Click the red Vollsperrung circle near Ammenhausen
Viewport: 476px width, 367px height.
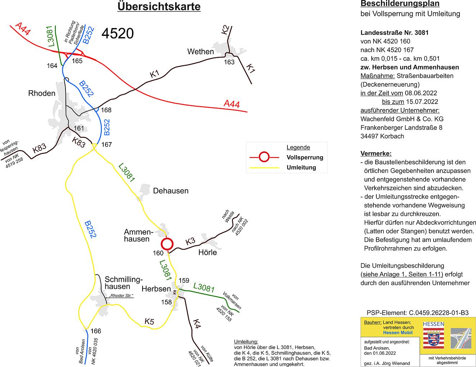pyautogui.click(x=167, y=244)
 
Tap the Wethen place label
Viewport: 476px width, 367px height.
pyautogui.click(x=200, y=52)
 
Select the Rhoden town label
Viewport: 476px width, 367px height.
pyautogui.click(x=42, y=94)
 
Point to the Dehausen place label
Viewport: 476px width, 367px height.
pyautogui.click(x=171, y=191)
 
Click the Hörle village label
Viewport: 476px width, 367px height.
pyautogui.click(x=208, y=253)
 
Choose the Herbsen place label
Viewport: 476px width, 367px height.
pyautogui.click(x=156, y=289)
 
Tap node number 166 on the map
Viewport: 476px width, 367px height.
pyautogui.click(x=96, y=331)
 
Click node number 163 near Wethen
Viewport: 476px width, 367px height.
pyautogui.click(x=229, y=62)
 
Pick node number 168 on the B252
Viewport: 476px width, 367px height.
pyautogui.click(x=106, y=110)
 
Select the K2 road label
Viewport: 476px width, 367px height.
pyautogui.click(x=226, y=30)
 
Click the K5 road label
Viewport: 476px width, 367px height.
pyautogui.click(x=149, y=322)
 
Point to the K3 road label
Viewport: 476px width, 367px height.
pyautogui.click(x=190, y=242)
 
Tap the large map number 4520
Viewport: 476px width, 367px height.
pyautogui.click(x=118, y=33)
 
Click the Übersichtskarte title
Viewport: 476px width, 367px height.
pyautogui.click(x=159, y=7)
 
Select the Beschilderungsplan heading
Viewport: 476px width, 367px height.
pyautogui.click(x=400, y=4)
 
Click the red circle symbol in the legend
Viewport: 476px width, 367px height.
pyautogui.click(x=264, y=157)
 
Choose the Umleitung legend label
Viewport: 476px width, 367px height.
pyautogui.click(x=301, y=167)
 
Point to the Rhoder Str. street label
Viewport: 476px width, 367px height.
pyautogui.click(x=121, y=296)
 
